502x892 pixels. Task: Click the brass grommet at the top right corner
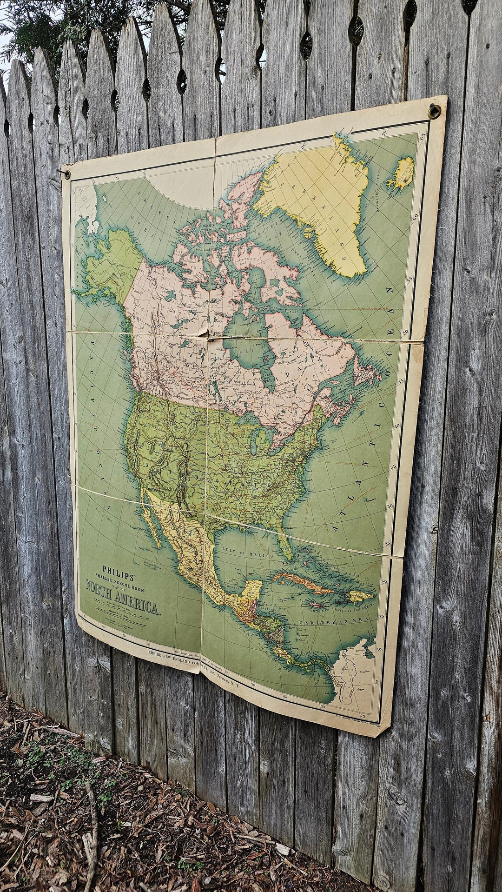(434, 111)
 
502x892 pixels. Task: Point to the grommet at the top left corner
(67, 174)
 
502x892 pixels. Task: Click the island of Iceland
(402, 173)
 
